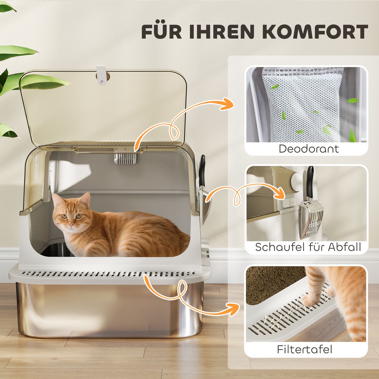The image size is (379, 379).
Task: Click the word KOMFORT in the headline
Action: (315, 31)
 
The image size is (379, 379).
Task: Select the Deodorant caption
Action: (309, 149)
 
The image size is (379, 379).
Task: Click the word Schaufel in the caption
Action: (280, 247)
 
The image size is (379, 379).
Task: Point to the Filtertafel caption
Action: (305, 349)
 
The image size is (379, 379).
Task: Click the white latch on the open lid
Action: (101, 75)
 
